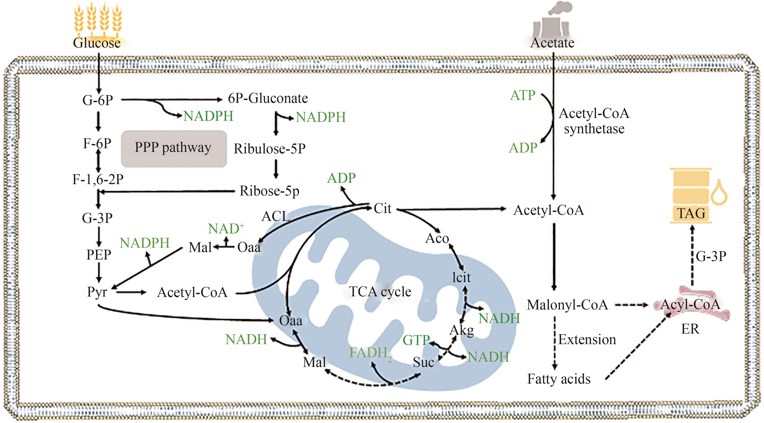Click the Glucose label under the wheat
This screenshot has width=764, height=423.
[97, 43]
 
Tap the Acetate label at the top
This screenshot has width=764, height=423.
[552, 43]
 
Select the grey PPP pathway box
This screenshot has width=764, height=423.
[174, 148]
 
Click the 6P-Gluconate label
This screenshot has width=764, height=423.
[268, 98]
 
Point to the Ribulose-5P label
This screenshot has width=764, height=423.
[269, 149]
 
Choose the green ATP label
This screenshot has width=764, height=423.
[523, 96]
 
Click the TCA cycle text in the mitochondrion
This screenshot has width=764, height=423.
[380, 291]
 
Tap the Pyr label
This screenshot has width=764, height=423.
[97, 292]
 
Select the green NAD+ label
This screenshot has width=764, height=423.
[226, 229]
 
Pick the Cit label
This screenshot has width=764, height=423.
[382, 208]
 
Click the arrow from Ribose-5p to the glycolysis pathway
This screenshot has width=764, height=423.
[166, 192]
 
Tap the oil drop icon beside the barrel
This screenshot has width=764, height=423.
[719, 193]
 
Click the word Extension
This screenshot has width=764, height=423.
[587, 339]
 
